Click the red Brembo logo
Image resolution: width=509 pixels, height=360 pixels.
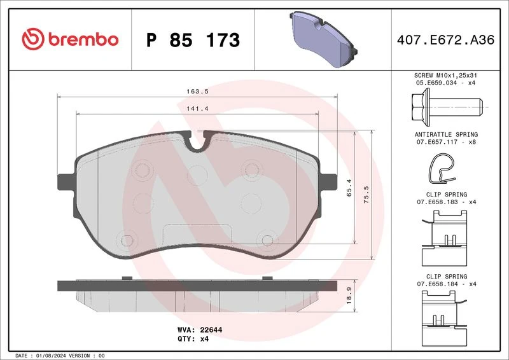point(70,39)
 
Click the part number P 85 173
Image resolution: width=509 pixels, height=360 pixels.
point(193,40)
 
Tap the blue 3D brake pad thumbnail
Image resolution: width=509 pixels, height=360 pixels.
point(323,39)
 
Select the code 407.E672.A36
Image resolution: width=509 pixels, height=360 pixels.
point(445,40)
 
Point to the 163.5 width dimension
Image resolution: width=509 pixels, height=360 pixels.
point(197,92)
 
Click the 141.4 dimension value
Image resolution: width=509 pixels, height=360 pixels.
point(197,109)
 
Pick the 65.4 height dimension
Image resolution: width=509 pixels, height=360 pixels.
point(349,188)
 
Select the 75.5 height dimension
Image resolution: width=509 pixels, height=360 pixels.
point(366,195)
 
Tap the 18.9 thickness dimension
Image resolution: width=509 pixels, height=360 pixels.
point(349,295)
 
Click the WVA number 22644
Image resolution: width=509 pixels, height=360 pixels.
point(211,330)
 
